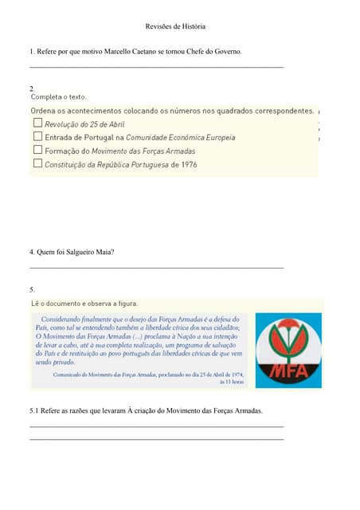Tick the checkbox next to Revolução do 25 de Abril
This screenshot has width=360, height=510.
37,124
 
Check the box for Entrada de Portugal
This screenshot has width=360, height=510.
37,136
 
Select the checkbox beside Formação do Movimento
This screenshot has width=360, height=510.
37,150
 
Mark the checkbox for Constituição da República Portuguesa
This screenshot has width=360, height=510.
37,163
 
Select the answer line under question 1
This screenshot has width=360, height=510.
156,67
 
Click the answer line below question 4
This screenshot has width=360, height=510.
156,268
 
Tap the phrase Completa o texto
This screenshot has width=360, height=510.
58,96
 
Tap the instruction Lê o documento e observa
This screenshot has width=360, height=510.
84,303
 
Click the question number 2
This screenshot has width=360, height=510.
32,87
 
